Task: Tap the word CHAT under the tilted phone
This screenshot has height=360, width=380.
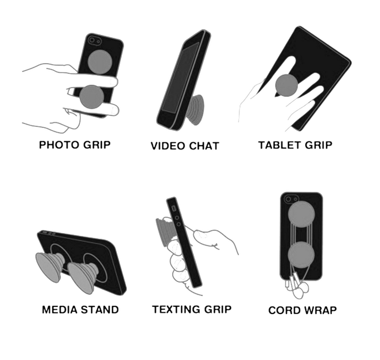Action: pos(204,146)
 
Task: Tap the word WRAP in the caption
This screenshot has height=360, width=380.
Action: pos(320,310)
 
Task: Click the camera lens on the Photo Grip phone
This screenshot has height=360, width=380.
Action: pos(92,40)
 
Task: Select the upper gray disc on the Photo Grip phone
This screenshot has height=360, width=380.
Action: pos(100,61)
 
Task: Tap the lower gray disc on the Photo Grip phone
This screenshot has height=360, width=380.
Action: pos(92,97)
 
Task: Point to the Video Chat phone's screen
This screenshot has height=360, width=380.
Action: pos(180,78)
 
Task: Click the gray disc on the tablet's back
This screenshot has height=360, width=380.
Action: pos(286,85)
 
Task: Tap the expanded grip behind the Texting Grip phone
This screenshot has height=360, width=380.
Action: pos(165,232)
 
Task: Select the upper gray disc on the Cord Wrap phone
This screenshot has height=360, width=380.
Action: pos(301,214)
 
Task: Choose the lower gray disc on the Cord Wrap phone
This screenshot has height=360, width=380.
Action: pos(301,255)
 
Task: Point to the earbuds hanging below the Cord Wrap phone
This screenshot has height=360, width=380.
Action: pos(297,286)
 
